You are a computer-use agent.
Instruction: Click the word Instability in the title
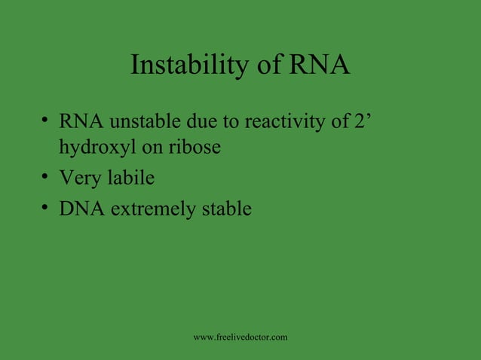188,66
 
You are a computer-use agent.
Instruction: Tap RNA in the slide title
319,66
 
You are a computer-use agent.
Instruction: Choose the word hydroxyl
97,148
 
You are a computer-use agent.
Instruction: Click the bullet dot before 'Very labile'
46,178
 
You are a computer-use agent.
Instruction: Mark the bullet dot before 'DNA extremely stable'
46,209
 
